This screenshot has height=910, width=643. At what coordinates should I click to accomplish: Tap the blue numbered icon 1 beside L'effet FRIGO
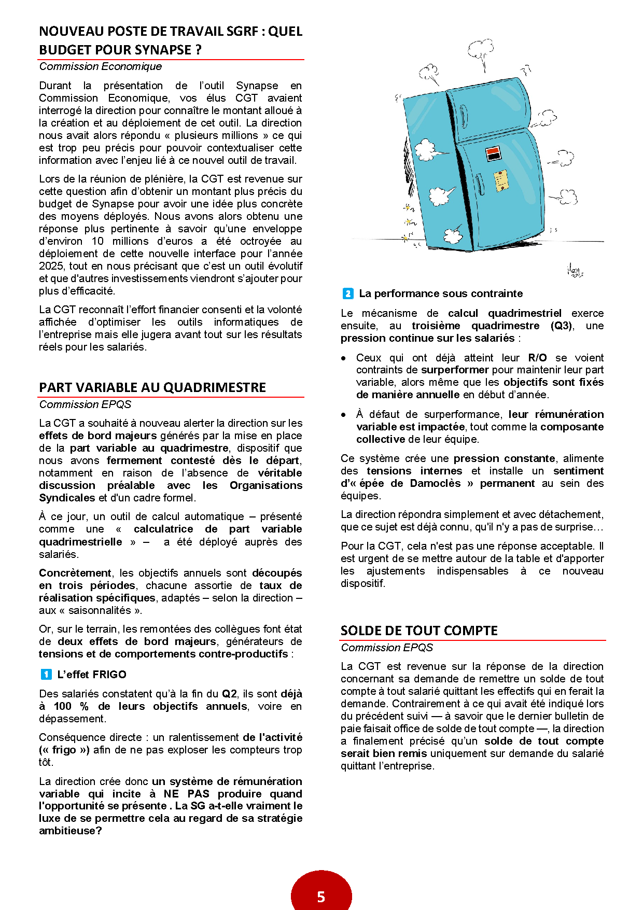pos(46,674)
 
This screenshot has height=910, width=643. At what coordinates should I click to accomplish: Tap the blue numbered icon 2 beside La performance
pos(348,293)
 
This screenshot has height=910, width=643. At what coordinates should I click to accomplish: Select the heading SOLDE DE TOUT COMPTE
pos(419,631)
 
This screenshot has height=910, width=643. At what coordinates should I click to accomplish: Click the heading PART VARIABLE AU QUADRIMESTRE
pos(152,387)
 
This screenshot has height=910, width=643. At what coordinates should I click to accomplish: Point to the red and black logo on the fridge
pos(493,153)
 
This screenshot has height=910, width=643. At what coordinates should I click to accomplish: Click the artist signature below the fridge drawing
pos(575,270)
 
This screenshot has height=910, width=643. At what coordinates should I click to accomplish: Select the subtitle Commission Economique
pos(101,66)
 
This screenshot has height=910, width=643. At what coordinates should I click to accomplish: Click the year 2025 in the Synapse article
pos(51,266)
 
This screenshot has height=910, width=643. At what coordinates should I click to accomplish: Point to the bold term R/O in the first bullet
pos(537,358)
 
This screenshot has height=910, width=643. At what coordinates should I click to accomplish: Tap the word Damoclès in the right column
pos(435,483)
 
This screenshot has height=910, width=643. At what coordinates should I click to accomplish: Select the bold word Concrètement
pos(75,573)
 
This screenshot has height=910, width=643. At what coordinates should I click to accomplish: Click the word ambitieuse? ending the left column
pos(71,831)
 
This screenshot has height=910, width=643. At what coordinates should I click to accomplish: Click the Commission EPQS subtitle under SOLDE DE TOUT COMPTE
pos(387,648)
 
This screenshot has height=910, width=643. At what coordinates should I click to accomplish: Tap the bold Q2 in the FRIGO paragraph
pos(230,694)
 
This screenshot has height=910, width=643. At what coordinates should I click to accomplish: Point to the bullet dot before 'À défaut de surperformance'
pos(344,415)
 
